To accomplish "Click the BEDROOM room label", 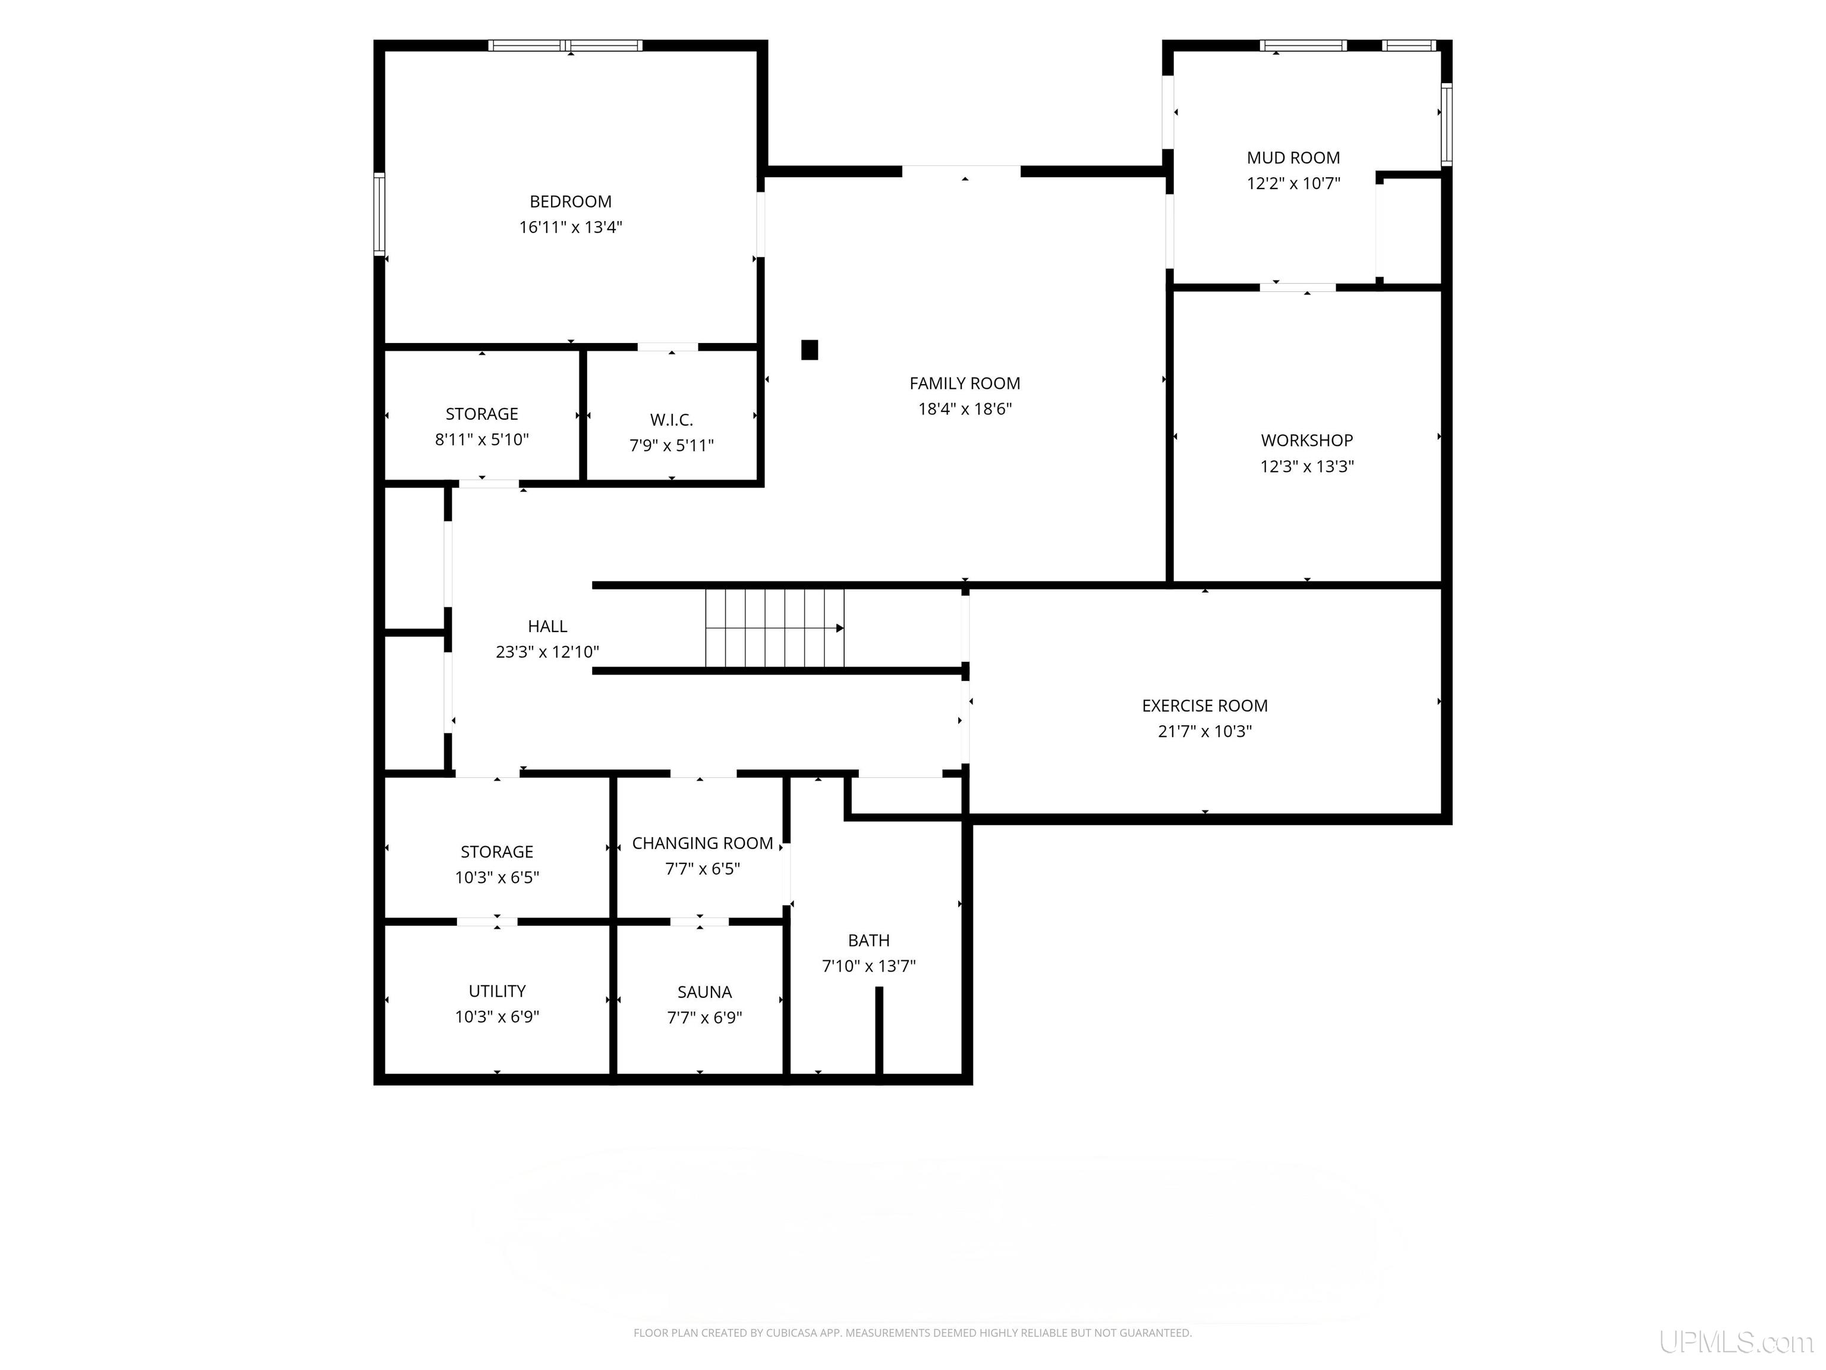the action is point(571,202).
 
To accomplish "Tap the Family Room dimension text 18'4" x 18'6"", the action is point(965,409).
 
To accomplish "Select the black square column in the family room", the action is point(810,350).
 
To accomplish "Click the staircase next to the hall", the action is point(775,627).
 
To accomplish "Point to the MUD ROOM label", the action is point(1293,158).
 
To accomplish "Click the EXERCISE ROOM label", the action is point(1204,706).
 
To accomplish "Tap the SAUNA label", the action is point(704,992).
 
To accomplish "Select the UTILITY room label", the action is point(497,991).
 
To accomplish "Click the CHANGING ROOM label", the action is point(703,843).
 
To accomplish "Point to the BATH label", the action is point(868,941).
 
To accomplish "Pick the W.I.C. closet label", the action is point(671,420).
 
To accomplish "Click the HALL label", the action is point(547,627).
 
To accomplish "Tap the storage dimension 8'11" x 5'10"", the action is point(482,439).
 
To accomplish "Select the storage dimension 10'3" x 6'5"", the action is point(497,877).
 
